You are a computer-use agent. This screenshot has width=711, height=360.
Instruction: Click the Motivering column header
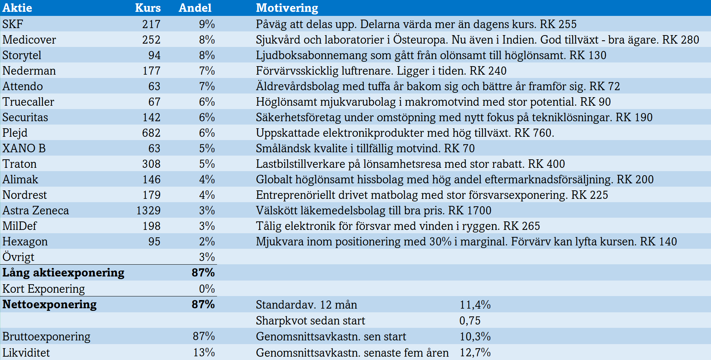(287, 8)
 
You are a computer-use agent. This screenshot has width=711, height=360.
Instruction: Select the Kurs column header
(148, 8)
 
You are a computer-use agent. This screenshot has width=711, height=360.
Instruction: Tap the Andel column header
(195, 8)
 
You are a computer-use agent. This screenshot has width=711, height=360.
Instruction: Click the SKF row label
(13, 24)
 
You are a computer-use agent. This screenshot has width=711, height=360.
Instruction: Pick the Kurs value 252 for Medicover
(151, 40)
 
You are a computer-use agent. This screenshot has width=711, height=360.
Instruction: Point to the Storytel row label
(22, 55)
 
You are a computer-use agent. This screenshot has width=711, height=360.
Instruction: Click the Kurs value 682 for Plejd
(151, 133)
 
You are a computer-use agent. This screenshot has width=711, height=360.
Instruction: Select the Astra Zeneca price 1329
(148, 210)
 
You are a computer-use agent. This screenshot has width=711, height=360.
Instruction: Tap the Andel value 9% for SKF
(207, 24)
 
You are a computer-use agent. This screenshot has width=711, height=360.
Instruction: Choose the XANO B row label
(24, 148)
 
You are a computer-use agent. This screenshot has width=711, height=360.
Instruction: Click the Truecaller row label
(28, 102)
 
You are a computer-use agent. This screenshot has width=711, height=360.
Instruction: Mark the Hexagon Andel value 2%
(207, 241)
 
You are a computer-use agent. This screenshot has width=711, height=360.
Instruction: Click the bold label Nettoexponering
(50, 304)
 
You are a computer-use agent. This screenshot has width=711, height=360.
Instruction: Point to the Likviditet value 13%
(204, 352)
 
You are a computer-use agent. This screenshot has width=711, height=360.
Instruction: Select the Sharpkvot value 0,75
(470, 320)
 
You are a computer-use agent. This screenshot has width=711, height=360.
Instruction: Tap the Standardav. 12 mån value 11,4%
(475, 305)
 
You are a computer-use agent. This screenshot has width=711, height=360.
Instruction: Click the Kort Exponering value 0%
(207, 289)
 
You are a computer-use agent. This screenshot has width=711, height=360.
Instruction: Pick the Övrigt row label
(18, 257)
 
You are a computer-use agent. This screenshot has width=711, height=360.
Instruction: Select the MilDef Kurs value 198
(152, 226)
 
